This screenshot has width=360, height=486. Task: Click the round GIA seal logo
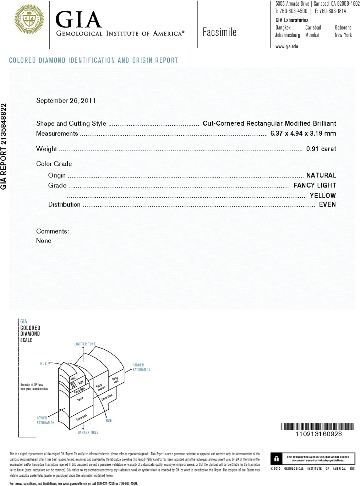tap(29, 20)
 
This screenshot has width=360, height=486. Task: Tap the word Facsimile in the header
tap(219, 32)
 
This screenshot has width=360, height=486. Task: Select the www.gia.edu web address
tap(287, 47)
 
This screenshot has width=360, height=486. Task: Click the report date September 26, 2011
tap(66, 101)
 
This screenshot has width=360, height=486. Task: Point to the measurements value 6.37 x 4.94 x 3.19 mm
tap(303, 133)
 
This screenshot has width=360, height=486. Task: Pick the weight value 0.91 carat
tap(321, 149)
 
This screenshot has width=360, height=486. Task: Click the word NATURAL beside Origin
tap(321, 175)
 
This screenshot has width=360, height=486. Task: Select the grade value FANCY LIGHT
tap(315, 185)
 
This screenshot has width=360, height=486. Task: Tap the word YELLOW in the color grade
tap(322, 196)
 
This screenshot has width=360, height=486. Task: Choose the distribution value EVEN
tap(327, 204)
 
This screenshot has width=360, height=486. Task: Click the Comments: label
tap(53, 231)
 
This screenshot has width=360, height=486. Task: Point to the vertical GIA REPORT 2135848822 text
tap(4, 146)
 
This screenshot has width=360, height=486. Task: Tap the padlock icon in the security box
tap(276, 459)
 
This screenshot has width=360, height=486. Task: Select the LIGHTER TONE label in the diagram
tap(85, 344)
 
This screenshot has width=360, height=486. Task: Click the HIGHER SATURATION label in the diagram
tap(141, 367)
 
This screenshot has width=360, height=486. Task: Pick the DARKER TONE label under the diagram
tap(88, 433)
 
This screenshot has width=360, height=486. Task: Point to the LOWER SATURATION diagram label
tap(45, 421)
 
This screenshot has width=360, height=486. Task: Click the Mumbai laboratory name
tap(312, 35)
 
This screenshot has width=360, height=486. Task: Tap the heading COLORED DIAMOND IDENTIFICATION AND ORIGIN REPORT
tap(93, 60)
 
